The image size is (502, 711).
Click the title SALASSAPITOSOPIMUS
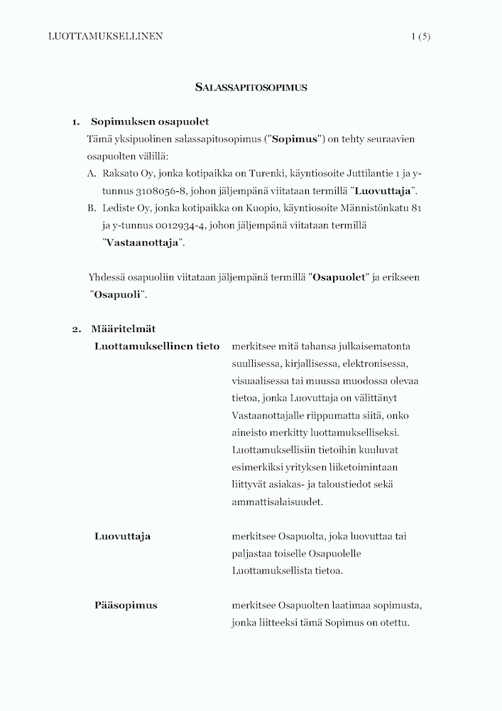(x=251, y=87)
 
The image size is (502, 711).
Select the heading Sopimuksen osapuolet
(x=150, y=122)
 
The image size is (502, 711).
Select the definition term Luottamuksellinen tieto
(x=157, y=346)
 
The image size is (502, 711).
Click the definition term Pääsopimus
(x=126, y=606)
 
